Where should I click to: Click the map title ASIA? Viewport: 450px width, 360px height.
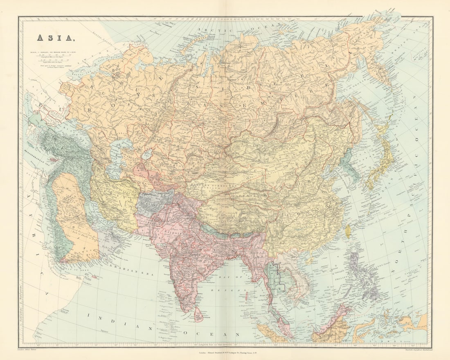56,38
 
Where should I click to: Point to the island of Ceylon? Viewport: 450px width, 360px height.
198,315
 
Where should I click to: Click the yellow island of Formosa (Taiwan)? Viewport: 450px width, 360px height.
348,232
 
